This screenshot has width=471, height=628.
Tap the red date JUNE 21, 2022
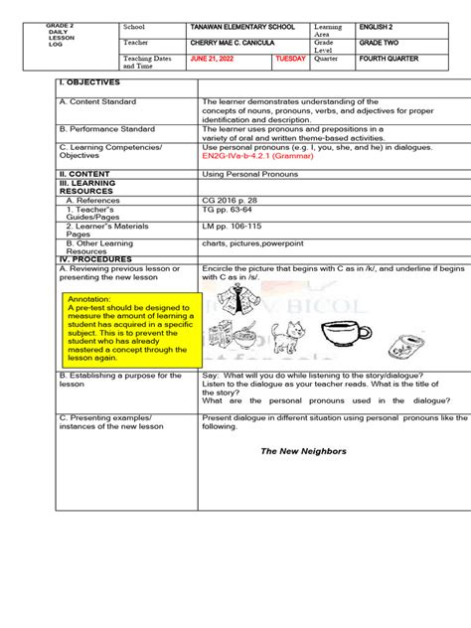pos(217,60)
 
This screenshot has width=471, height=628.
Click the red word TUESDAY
pos(290,60)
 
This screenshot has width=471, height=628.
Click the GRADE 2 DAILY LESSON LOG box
pos(63,37)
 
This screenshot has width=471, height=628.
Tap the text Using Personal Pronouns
pos(245,173)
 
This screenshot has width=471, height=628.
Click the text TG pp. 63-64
pos(229,211)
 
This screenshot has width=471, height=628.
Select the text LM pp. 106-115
pos(234,227)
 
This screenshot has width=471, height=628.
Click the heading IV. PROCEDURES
pos(95,259)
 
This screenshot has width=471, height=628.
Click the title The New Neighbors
pos(302,451)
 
